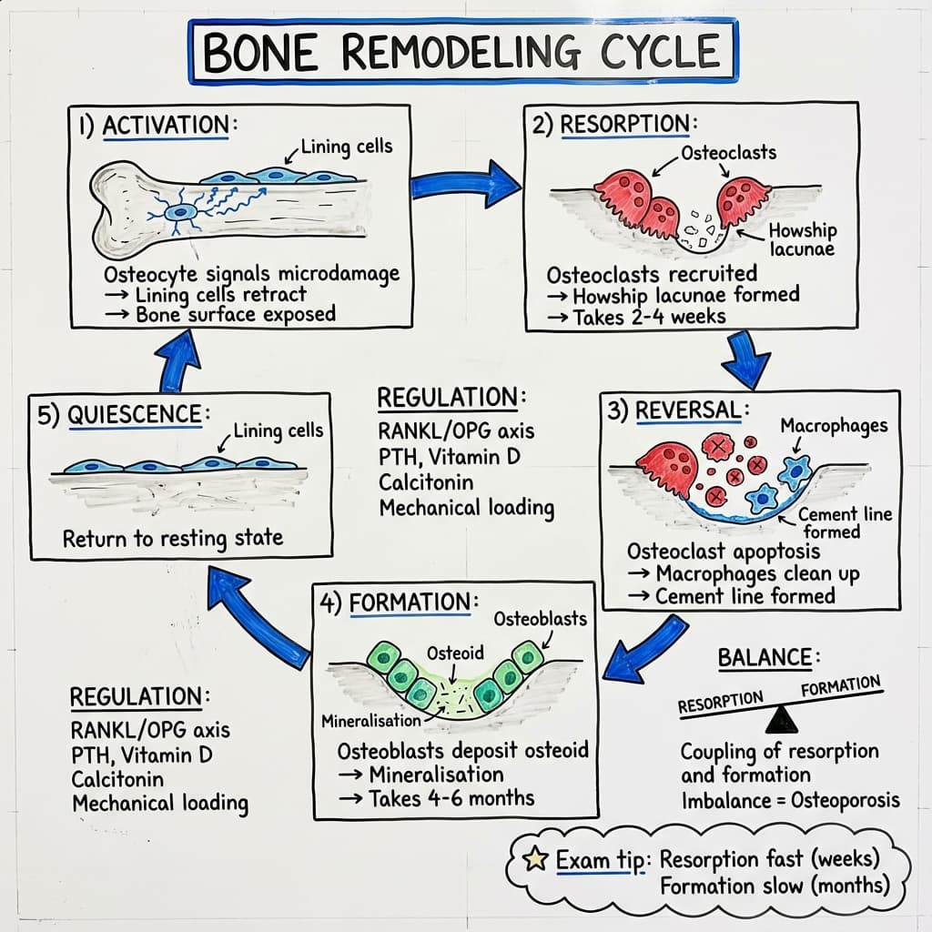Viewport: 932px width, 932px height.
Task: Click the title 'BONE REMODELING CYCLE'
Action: tap(462, 51)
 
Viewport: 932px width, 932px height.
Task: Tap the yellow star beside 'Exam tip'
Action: tap(537, 859)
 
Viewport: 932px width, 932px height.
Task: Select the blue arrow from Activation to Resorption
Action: tap(464, 185)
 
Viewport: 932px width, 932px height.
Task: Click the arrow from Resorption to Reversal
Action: tap(745, 359)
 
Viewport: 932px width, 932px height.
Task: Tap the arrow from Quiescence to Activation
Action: tap(181, 360)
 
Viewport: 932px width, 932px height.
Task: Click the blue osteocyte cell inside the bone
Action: tap(182, 213)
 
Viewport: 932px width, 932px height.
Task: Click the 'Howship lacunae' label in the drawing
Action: tap(801, 240)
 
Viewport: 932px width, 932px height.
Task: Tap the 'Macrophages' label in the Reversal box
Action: tap(833, 425)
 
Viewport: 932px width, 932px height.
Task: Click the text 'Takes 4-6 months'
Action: tap(451, 798)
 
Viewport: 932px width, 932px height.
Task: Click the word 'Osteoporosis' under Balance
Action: tap(846, 800)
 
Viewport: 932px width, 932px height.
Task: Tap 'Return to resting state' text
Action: tap(173, 538)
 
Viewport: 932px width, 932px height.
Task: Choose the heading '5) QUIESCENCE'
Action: tap(118, 414)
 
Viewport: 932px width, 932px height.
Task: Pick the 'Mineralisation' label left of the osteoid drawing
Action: tap(370, 721)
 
